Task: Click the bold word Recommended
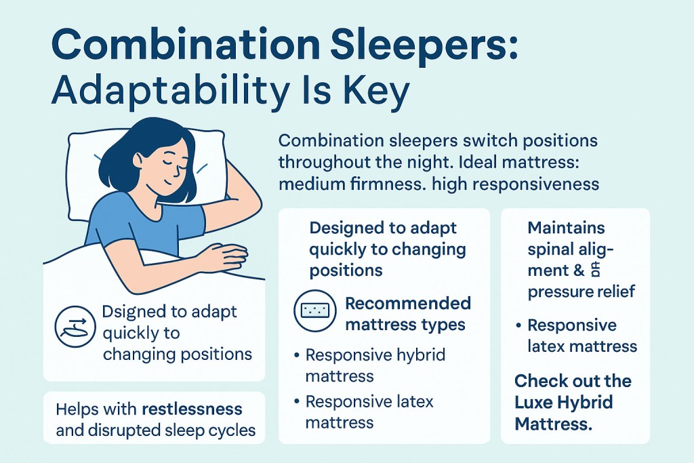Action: click(408, 302)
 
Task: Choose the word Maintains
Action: click(566, 227)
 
